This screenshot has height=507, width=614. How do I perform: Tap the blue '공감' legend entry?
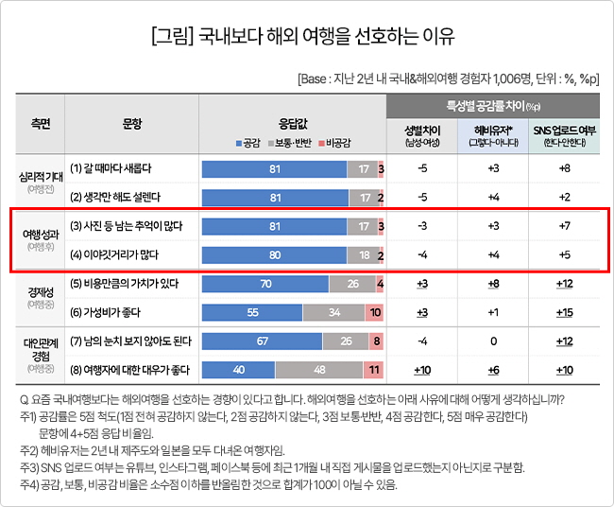[x=247, y=143]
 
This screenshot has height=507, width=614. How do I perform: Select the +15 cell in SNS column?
[x=564, y=311]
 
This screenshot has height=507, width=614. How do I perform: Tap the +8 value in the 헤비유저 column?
[x=493, y=283]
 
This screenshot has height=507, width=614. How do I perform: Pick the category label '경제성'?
[x=41, y=292]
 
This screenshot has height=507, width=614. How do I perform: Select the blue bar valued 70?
[x=265, y=283]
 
